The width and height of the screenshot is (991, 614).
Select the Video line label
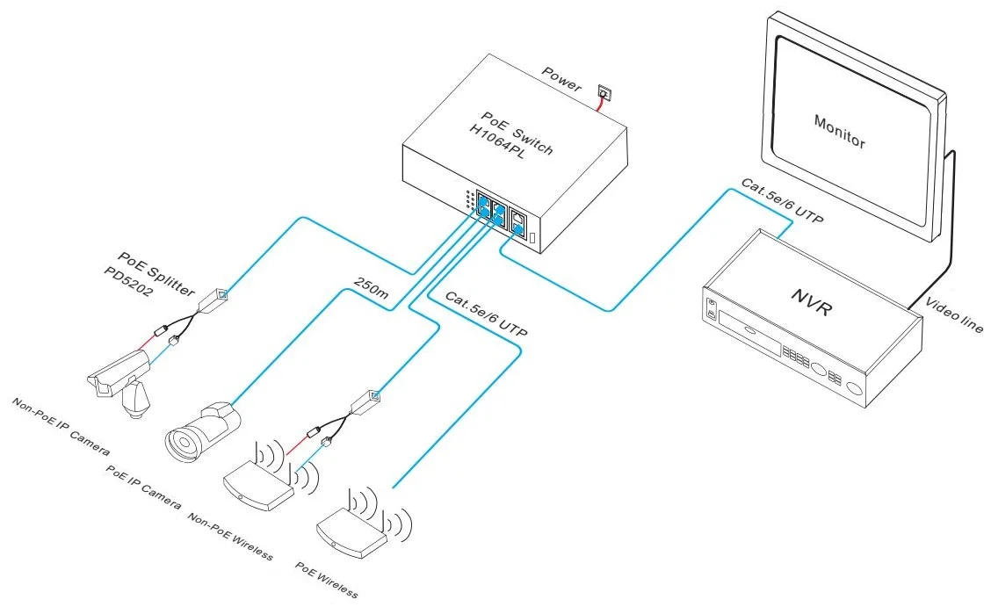[954, 314]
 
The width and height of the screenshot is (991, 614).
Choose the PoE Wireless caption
[327, 581]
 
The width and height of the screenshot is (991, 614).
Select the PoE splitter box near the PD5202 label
[214, 300]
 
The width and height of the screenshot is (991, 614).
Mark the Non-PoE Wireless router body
[257, 486]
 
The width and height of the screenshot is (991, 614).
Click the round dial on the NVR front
[818, 371]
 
